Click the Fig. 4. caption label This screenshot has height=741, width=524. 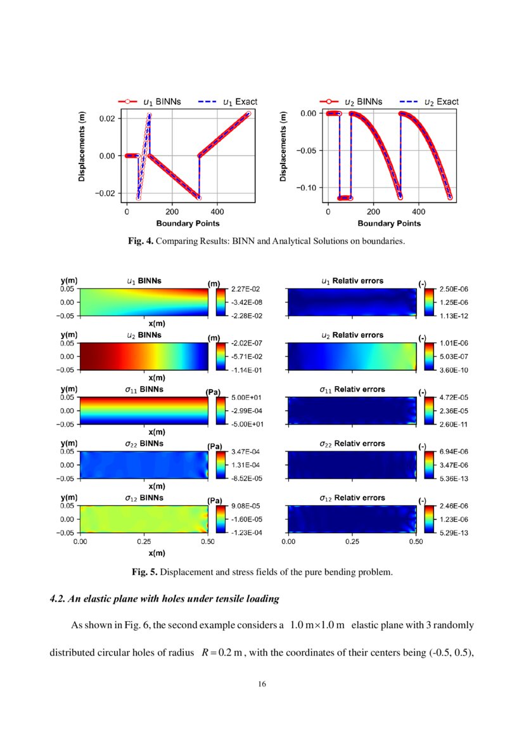(x=141, y=242)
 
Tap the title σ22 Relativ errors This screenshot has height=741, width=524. (x=352, y=443)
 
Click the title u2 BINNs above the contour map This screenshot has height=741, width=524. (x=144, y=334)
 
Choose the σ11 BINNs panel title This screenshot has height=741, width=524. (x=144, y=389)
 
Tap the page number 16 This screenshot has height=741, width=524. (x=262, y=684)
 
